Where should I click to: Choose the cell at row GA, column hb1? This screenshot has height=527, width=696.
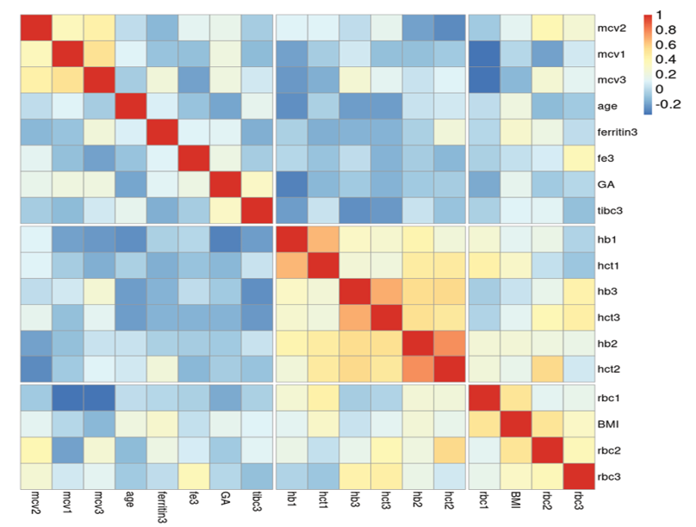point(291,185)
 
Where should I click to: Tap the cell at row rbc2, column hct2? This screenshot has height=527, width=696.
point(447,449)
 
